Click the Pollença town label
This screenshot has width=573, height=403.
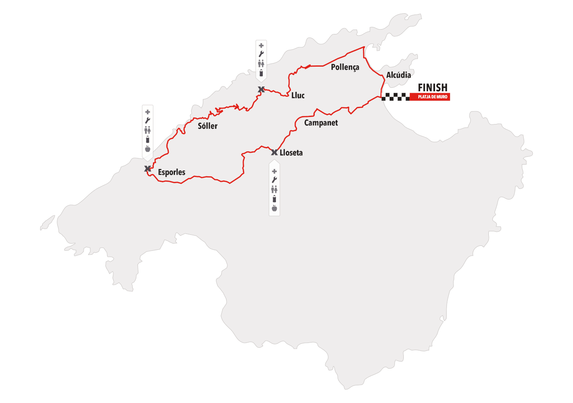(x=345, y=67)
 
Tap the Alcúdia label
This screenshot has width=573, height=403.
(x=398, y=75)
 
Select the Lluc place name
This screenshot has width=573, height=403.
(x=298, y=95)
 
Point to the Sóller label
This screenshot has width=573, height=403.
(x=208, y=126)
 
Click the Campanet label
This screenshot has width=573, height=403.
(x=321, y=123)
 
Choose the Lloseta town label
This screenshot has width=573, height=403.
(x=291, y=153)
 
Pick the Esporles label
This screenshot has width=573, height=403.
(x=171, y=172)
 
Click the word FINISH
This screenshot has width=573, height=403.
(x=432, y=87)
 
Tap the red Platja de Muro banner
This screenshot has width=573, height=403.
(x=430, y=98)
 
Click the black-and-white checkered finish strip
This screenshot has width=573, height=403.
(x=395, y=98)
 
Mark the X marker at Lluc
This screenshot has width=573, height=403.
(x=261, y=90)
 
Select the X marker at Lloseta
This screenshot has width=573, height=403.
(x=274, y=153)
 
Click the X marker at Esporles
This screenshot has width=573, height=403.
(x=148, y=169)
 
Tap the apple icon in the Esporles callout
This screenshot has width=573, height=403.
(x=148, y=149)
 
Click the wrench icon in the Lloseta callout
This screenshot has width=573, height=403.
(x=274, y=180)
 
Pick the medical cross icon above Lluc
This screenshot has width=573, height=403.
(x=261, y=45)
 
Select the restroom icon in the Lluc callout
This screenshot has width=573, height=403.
(x=261, y=63)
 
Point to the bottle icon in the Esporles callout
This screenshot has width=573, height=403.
(x=148, y=139)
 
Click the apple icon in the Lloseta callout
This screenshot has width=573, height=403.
(x=274, y=208)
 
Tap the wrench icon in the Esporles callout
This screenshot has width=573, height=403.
(x=148, y=121)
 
